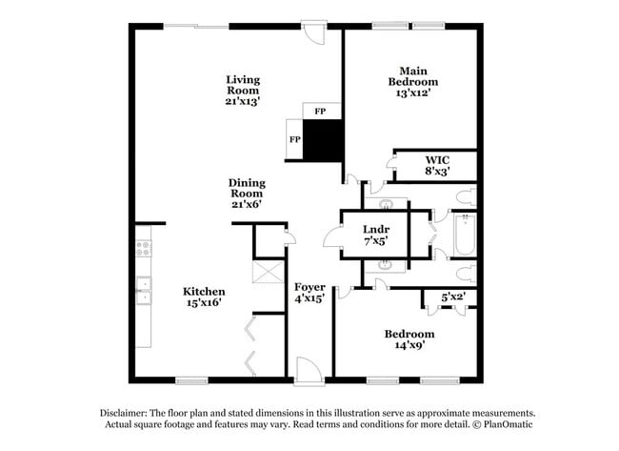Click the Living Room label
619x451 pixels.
243,85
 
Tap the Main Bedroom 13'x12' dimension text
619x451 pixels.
413,92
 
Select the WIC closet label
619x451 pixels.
437,160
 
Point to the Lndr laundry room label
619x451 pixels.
376,229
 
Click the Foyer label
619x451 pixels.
309,287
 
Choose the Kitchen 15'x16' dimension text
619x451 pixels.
204,303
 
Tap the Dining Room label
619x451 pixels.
247,188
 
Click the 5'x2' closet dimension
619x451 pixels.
453,297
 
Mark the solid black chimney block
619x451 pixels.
323,140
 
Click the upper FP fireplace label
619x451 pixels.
320,112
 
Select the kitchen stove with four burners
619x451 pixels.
144,248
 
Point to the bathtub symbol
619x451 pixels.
465,235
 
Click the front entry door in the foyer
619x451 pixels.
309,371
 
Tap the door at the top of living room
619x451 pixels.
314,32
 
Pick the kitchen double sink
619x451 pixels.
144,291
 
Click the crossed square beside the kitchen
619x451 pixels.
268,272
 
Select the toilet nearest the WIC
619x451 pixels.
467,197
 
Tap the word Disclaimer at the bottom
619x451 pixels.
124,413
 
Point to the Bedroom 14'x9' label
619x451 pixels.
409,339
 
